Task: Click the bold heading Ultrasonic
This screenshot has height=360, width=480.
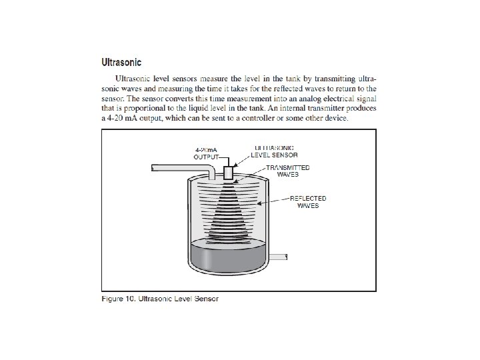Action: tap(121, 62)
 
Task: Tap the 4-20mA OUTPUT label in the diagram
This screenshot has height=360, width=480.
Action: tap(206, 153)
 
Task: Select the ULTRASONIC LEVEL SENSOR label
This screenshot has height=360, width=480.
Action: tap(274, 151)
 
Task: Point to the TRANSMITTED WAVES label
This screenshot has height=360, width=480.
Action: tap(288, 171)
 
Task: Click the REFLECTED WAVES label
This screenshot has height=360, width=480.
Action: tap(308, 202)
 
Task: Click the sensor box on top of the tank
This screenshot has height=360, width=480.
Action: tap(229, 173)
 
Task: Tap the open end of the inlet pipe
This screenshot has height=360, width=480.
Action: tap(153, 168)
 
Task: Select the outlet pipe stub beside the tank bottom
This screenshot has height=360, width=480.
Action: tap(278, 257)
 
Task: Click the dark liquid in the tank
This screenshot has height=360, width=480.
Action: tap(228, 257)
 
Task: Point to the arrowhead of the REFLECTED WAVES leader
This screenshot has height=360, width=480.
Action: tap(259, 203)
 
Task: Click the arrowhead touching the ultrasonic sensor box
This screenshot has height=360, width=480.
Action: tap(235, 165)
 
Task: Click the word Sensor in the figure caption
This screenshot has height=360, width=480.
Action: tap(206, 299)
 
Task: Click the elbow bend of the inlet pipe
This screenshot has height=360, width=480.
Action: tap(211, 169)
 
